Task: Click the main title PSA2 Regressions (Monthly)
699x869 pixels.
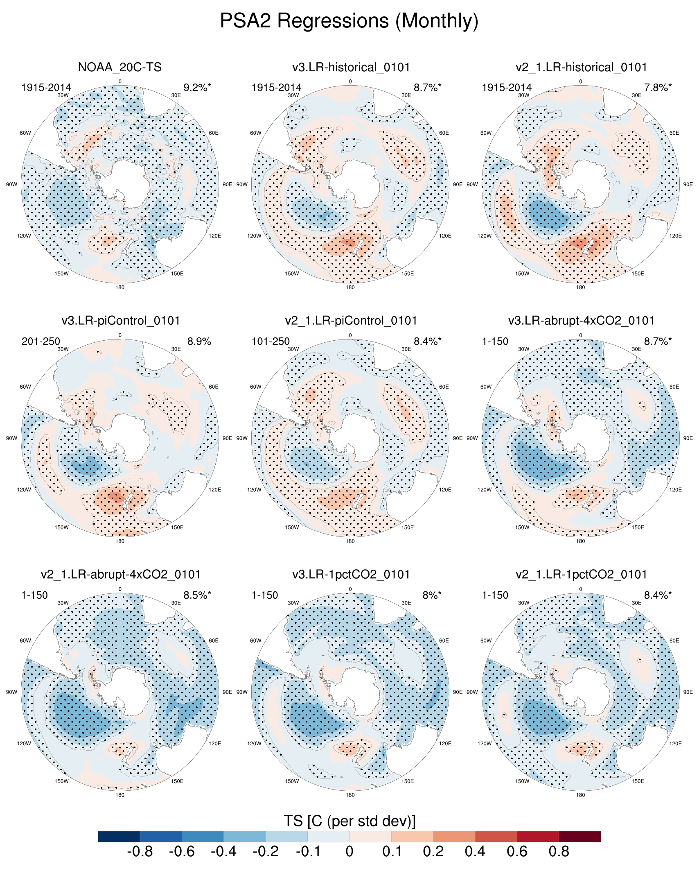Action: (349, 20)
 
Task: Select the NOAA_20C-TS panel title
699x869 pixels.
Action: (120, 67)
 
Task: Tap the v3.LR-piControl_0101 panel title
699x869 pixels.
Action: (121, 320)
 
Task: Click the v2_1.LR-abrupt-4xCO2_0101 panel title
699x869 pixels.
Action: (121, 574)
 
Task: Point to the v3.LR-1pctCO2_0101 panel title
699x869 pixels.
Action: (351, 574)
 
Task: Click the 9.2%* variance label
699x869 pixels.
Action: (197, 87)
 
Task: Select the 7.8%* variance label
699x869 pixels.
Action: (658, 87)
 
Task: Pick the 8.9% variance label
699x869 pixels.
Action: (199, 341)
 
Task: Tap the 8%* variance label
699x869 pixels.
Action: (432, 595)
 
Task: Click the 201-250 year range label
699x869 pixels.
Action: (41, 341)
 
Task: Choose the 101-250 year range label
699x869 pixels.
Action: (271, 341)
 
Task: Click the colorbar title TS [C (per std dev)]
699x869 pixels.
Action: (349, 821)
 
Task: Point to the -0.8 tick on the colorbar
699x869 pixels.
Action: (140, 851)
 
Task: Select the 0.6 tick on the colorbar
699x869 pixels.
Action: (517, 851)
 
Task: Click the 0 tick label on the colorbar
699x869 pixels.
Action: (349, 851)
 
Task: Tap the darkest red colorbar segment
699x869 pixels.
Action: (579, 836)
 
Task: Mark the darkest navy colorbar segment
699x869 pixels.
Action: (119, 836)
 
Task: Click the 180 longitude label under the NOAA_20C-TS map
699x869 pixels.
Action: (120, 287)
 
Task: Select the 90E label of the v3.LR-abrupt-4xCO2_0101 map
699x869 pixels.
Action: (688, 438)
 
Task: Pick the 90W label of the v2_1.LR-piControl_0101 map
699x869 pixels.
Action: (242, 438)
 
